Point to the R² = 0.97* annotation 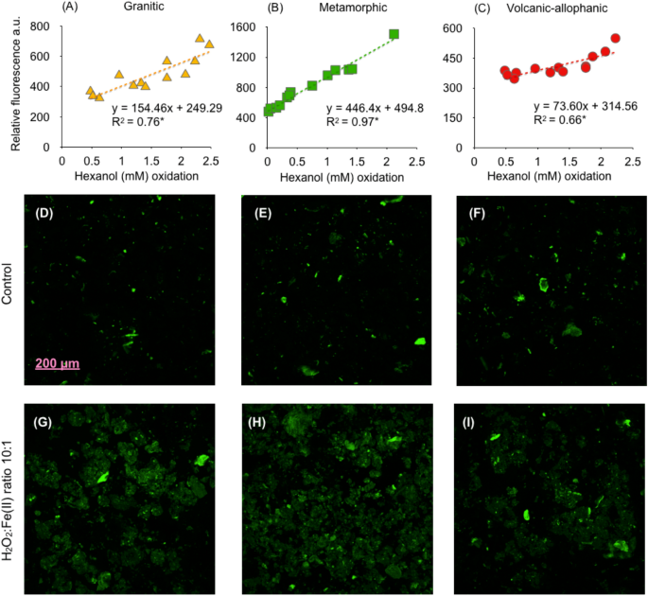pyautogui.click(x=351, y=121)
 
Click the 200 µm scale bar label pyautogui.click(x=58, y=363)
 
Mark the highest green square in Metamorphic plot pyautogui.click(x=394, y=34)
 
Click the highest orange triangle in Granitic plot pyautogui.click(x=200, y=39)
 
